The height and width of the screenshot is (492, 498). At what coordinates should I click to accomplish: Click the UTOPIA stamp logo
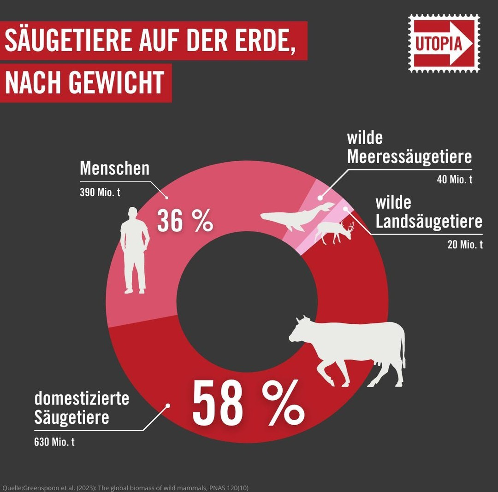pyautogui.click(x=444, y=43)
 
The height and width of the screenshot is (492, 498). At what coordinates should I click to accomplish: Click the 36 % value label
pyautogui.click(x=185, y=220)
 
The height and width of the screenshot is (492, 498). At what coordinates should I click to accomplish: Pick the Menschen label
pyautogui.click(x=115, y=169)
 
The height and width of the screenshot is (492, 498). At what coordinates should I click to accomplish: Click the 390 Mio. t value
pyautogui.click(x=100, y=193)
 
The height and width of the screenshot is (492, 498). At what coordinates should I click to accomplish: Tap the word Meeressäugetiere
pyautogui.click(x=409, y=157)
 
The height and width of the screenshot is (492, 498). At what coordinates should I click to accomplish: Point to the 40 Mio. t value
pyautogui.click(x=455, y=180)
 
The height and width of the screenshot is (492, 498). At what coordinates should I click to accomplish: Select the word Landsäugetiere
pyautogui.click(x=429, y=222)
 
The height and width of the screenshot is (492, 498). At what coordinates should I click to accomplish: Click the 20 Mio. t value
pyautogui.click(x=465, y=245)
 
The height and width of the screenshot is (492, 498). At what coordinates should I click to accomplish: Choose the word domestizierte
pyautogui.click(x=82, y=398)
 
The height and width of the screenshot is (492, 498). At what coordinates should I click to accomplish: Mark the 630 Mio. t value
pyautogui.click(x=54, y=442)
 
